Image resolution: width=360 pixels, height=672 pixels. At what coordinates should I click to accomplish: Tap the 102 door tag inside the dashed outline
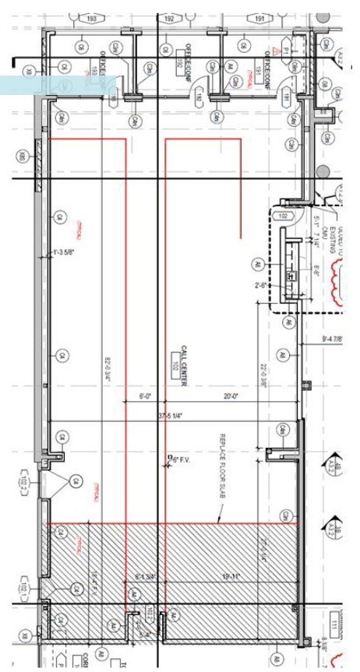pyautogui.click(x=284, y=216)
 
